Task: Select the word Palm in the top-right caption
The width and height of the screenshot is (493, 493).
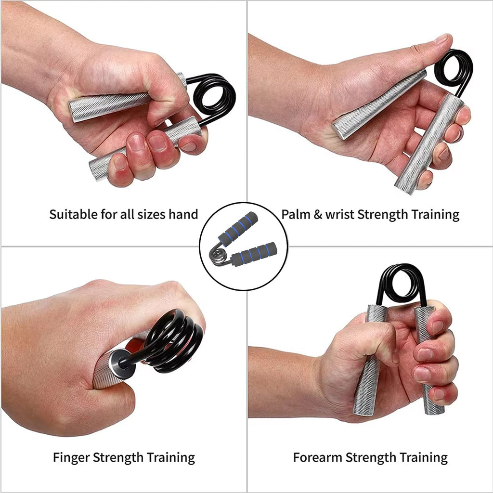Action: (x=295, y=214)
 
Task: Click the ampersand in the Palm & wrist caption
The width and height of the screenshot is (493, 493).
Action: (x=317, y=214)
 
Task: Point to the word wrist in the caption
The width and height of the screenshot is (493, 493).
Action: (x=339, y=214)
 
